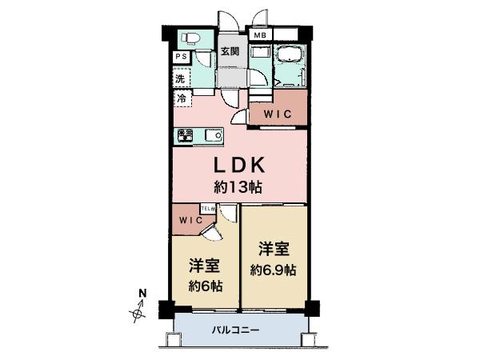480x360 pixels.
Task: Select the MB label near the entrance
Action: tap(260, 36)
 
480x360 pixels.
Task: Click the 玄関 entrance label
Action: tap(230, 52)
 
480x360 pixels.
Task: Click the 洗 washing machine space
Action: tap(181, 78)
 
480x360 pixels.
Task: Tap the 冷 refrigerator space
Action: tap(182, 99)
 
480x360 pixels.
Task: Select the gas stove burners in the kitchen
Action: tap(186, 135)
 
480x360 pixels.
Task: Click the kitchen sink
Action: tap(213, 135)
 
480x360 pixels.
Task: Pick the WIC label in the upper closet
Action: tap(276, 114)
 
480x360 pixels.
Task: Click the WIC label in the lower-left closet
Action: tap(189, 218)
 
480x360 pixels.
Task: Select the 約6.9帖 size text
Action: tap(273, 270)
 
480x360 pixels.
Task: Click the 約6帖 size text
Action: tap(206, 286)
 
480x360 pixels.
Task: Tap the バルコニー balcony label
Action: tap(238, 329)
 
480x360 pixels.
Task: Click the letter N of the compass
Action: tap(142, 293)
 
